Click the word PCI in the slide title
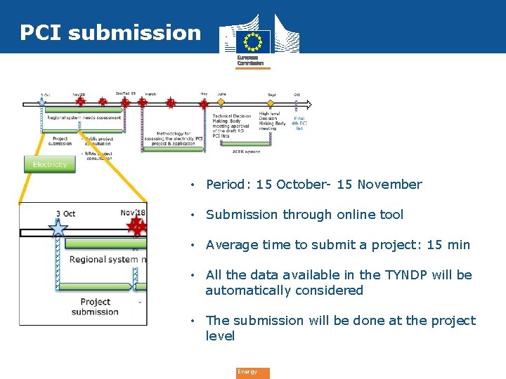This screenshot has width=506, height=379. (x=41, y=32)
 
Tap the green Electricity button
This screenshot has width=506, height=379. (x=50, y=164)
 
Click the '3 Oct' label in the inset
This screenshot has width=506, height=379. (x=65, y=213)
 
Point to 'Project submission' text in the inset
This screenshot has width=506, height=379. (x=95, y=307)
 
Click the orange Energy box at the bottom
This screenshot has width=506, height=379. (x=252, y=372)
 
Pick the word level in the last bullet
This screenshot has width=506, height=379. (x=220, y=336)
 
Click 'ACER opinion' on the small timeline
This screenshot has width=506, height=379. (x=246, y=151)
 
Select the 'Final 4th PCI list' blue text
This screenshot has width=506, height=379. (x=299, y=124)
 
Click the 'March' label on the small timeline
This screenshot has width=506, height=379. (x=150, y=94)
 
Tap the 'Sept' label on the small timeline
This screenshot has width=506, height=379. (x=271, y=95)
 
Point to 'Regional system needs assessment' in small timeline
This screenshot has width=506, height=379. (x=84, y=118)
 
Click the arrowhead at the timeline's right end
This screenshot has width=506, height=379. (x=309, y=105)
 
